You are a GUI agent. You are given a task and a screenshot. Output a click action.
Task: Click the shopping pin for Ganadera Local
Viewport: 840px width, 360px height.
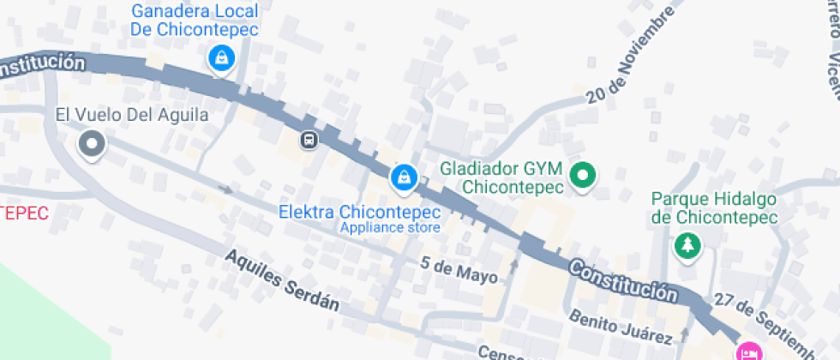pyautogui.click(x=222, y=58)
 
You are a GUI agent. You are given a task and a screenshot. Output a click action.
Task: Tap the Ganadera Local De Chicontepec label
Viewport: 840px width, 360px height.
pyautogui.click(x=195, y=20)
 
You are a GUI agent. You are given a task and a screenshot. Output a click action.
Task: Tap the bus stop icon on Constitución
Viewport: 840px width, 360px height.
pyautogui.click(x=308, y=139)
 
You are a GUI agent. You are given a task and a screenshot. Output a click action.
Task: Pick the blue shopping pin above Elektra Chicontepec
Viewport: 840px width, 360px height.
pyautogui.click(x=403, y=177)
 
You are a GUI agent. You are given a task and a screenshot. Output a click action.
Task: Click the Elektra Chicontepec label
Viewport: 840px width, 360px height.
pyautogui.click(x=360, y=212)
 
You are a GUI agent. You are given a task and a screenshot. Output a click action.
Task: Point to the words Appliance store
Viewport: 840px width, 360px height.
pyautogui.click(x=390, y=227)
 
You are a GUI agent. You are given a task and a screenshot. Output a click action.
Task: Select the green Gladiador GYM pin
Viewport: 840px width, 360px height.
pyautogui.click(x=584, y=176)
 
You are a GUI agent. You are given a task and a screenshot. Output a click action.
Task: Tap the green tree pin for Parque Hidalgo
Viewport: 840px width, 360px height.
pyautogui.click(x=687, y=247)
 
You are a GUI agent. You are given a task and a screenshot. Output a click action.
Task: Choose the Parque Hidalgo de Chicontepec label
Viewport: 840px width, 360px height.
pyautogui.click(x=714, y=207)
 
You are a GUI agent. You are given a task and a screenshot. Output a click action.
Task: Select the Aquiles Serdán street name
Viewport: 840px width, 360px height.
pyautogui.click(x=282, y=280)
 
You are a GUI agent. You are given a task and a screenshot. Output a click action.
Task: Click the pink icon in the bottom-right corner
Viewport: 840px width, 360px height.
pyautogui.click(x=750, y=351)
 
